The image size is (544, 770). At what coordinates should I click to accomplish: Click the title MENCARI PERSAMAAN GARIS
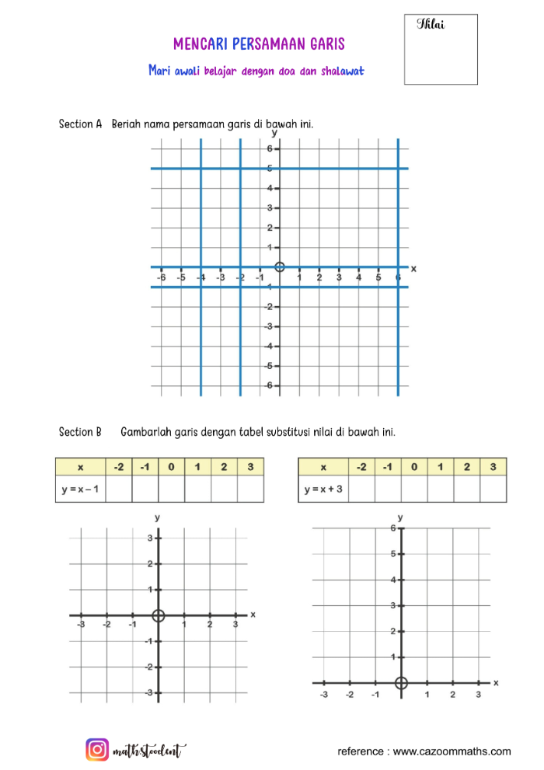coord(259,44)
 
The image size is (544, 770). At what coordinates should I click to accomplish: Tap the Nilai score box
coord(441,49)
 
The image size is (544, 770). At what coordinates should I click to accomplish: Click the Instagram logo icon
coord(97,750)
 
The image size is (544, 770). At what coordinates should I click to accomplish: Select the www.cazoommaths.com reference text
coord(452,751)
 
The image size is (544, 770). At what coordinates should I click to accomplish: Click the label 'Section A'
coord(81,124)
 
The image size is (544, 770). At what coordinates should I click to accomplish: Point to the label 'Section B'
coord(81,431)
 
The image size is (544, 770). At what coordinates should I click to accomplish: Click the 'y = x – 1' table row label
coord(81,490)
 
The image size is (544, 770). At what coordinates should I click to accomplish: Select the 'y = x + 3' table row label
coord(323,490)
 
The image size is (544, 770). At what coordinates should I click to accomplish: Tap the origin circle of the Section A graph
coord(280,267)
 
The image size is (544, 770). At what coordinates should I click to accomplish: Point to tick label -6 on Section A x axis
coord(161,277)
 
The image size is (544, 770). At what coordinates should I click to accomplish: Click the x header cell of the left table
coord(81,467)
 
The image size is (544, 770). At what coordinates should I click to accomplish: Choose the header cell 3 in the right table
coord(493,467)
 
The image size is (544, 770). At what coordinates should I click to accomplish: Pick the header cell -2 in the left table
coord(118,467)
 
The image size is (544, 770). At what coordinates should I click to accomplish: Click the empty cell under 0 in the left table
coord(171,490)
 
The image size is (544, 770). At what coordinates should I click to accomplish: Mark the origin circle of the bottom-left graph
coord(159,615)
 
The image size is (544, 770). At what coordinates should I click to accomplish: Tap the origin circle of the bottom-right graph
coord(401,683)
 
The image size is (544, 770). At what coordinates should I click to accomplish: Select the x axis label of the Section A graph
coord(413,269)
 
